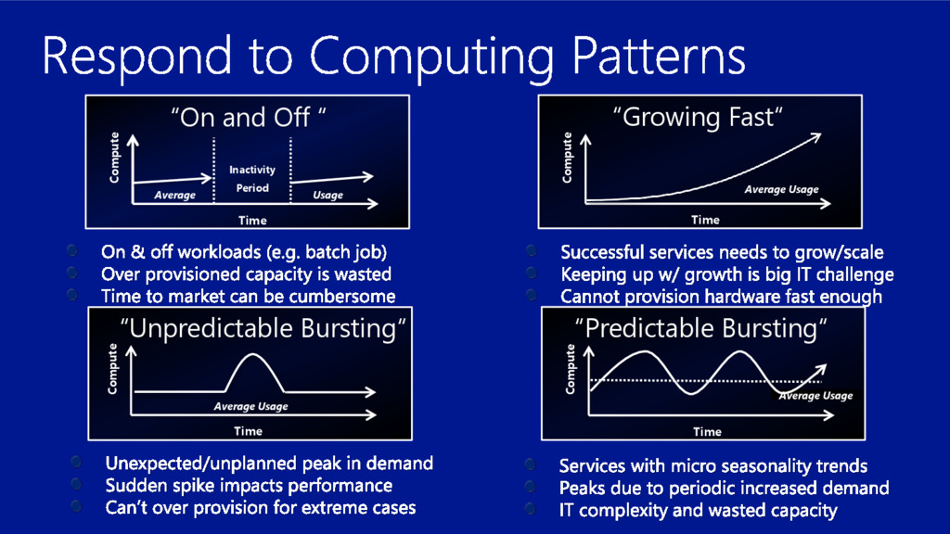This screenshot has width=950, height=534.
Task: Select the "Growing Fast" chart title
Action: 700,118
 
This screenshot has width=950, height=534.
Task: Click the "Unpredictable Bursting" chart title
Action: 264,329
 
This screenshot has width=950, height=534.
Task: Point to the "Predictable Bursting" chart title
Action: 701,328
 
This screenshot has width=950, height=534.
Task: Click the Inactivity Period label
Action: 252,179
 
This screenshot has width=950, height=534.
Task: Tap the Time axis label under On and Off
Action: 252,220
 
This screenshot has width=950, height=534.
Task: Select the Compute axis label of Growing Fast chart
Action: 569,156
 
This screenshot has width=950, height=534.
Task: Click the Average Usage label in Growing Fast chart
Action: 781,190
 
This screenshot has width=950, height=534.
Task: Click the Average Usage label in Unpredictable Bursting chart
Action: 250,406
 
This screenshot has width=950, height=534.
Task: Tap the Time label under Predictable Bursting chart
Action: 707,431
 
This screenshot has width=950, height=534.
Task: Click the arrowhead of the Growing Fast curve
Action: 815,136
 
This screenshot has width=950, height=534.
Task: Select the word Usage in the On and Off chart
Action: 327,195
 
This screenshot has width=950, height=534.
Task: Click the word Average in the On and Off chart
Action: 175,195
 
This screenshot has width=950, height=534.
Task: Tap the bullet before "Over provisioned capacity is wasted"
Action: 72,273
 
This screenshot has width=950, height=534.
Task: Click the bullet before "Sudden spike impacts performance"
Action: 78,485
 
